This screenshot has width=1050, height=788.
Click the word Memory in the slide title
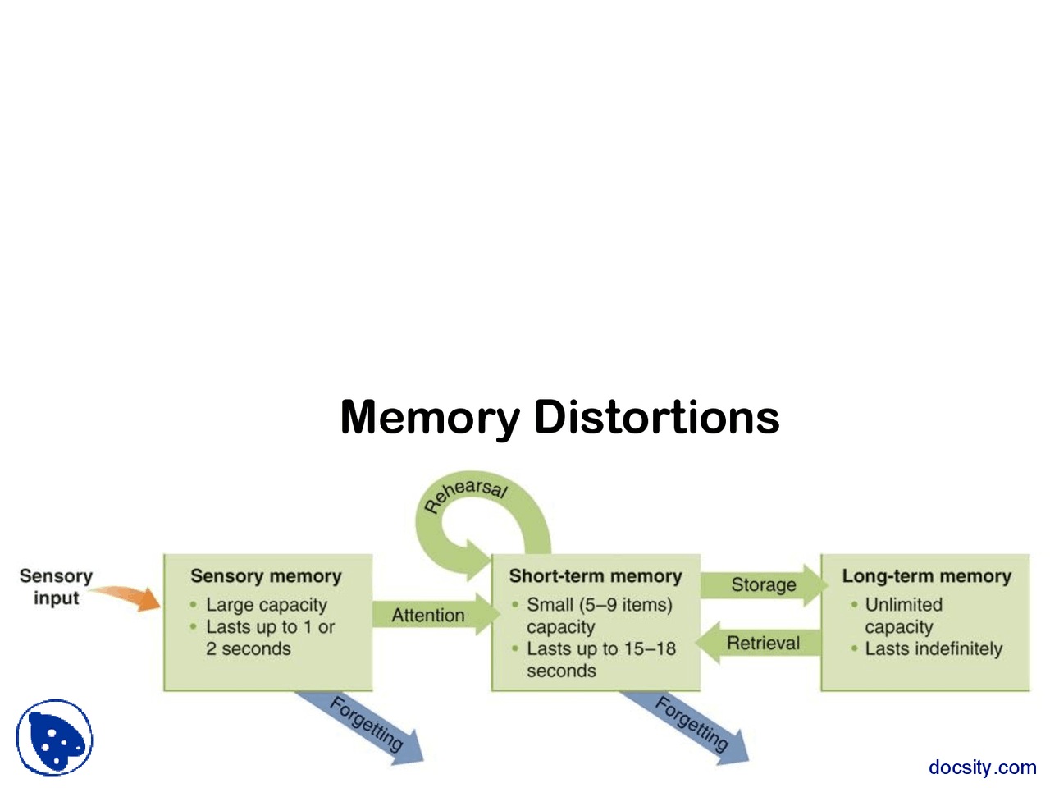pyautogui.click(x=429, y=417)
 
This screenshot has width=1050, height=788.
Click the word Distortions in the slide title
pyautogui.click(x=656, y=417)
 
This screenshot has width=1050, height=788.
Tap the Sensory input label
pyautogui.click(x=56, y=587)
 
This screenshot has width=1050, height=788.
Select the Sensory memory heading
pyautogui.click(x=266, y=576)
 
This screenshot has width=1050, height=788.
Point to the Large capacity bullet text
pyautogui.click(x=266, y=605)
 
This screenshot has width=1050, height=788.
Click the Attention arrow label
pyautogui.click(x=427, y=615)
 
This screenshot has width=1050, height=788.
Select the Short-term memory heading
pyautogui.click(x=596, y=576)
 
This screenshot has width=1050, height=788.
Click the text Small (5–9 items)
pyautogui.click(x=599, y=605)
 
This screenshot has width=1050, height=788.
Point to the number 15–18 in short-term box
pyautogui.click(x=650, y=648)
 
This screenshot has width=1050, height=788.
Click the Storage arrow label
pyautogui.click(x=763, y=584)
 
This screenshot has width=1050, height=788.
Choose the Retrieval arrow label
pyautogui.click(x=763, y=643)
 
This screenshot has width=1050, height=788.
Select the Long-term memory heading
pyautogui.click(x=926, y=576)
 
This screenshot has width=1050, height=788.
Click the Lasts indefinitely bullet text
pyautogui.click(x=934, y=648)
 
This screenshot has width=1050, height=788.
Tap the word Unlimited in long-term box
pyautogui.click(x=903, y=605)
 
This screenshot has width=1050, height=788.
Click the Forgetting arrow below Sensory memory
pyautogui.click(x=366, y=724)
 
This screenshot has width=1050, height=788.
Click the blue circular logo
pyautogui.click(x=54, y=737)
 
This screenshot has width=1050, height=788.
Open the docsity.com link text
pyautogui.click(x=982, y=767)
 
